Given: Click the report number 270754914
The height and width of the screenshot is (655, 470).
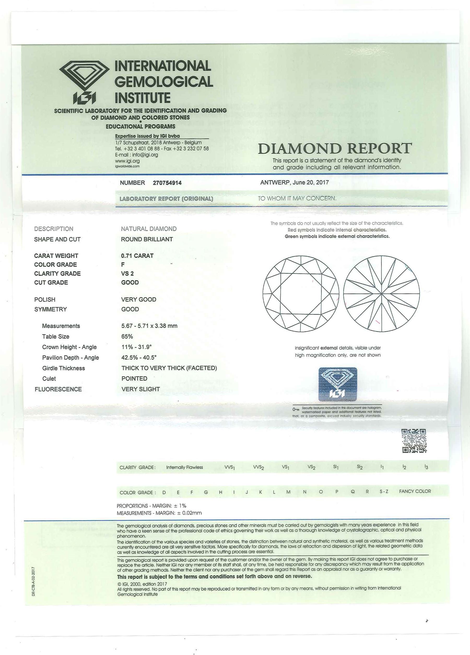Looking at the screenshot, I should point(167,183).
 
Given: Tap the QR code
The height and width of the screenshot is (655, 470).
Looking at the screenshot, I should point(414,441).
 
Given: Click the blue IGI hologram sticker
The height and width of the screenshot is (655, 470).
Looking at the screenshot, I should point(338,384).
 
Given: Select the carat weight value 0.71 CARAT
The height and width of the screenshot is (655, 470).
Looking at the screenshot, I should point(137,256).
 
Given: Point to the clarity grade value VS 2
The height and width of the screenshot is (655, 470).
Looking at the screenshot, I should point(127,274).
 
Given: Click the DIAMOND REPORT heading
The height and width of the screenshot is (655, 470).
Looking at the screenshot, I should point(335,149).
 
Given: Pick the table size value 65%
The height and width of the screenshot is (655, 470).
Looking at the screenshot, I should point(127,336).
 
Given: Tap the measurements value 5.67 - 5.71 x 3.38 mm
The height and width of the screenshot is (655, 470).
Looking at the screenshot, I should point(149,326).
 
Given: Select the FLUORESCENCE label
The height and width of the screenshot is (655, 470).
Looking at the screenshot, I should point(58,389).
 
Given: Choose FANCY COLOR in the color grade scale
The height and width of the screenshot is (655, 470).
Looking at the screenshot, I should point(415,491).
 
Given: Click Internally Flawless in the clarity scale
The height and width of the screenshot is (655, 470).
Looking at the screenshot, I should point(185,467).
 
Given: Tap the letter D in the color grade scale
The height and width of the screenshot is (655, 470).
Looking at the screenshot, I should point(164,492).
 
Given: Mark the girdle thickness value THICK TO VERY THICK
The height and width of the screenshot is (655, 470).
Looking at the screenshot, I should point(169,368).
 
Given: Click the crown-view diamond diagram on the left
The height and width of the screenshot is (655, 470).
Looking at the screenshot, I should point(301,294).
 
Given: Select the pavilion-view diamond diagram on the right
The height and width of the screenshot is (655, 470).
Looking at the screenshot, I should point(381,294).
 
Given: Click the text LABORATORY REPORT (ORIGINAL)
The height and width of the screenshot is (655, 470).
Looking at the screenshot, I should point(166,199).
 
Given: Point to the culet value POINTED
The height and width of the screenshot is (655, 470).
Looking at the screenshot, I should point(134,379).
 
